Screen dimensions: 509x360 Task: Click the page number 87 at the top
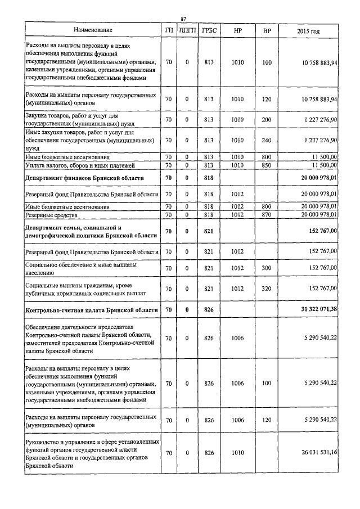coord(183,19)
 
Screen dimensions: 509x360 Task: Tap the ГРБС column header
coord(209,30)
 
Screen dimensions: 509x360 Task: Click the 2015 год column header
coord(308,30)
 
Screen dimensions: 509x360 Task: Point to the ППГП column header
coord(187,30)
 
